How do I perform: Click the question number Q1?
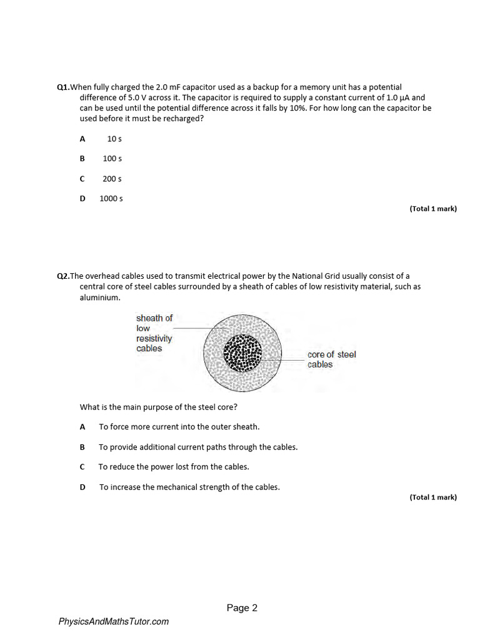(x=63, y=87)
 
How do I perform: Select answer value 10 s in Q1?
(x=114, y=139)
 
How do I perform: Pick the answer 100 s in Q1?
(x=112, y=159)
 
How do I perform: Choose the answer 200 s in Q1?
(x=112, y=179)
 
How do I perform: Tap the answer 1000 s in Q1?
(x=111, y=199)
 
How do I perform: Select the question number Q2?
(x=63, y=276)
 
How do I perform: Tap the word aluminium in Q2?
(x=99, y=298)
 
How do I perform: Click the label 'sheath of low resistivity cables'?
(x=154, y=333)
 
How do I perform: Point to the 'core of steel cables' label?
(x=331, y=359)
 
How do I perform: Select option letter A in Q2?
(x=82, y=427)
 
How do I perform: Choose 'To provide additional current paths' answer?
(x=198, y=447)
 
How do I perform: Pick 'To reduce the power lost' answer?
(x=174, y=467)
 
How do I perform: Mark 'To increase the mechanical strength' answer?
(x=189, y=487)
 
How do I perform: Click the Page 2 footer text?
(x=242, y=608)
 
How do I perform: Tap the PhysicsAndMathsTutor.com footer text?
(x=114, y=622)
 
